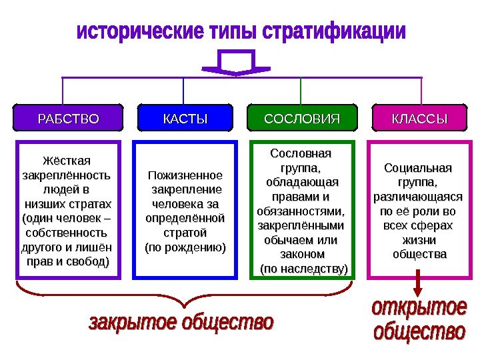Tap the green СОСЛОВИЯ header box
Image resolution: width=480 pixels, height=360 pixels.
pyautogui.click(x=302, y=119)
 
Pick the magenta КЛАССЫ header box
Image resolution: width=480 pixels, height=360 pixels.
pyautogui.click(x=419, y=119)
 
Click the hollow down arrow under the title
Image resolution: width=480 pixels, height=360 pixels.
pyautogui.click(x=235, y=64)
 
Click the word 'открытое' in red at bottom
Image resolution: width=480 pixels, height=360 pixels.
pyautogui.click(x=418, y=309)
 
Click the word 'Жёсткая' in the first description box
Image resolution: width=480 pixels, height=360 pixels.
pyautogui.click(x=67, y=162)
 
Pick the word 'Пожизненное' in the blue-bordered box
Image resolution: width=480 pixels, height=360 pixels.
pyautogui.click(x=185, y=176)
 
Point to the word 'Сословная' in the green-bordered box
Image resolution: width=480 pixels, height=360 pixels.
pyautogui.click(x=302, y=153)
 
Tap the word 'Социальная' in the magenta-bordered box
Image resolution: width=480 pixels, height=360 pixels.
pyautogui.click(x=419, y=167)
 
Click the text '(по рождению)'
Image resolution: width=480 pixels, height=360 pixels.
pyautogui.click(x=185, y=248)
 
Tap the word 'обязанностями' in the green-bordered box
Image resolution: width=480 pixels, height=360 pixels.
pyautogui.click(x=302, y=211)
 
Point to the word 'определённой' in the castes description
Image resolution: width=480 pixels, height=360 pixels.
pyautogui.click(x=185, y=219)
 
